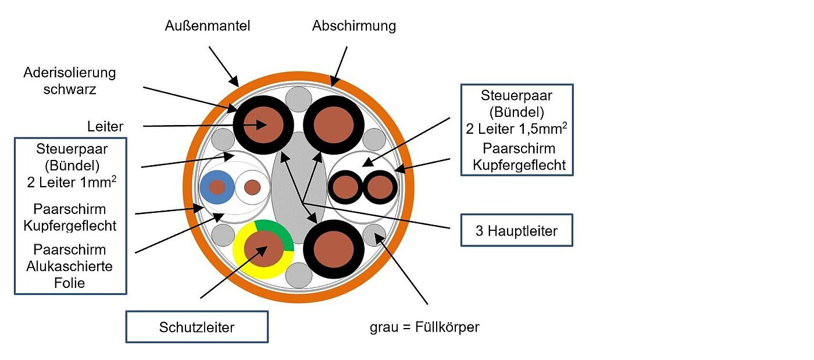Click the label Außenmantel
pyautogui.click(x=208, y=26)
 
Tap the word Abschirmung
pyautogui.click(x=354, y=26)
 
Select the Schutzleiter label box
pyautogui.click(x=197, y=327)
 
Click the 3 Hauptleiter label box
pyautogui.click(x=516, y=230)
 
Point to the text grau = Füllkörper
pyautogui.click(x=424, y=327)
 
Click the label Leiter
pyautogui.click(x=105, y=127)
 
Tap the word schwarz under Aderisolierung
pyautogui.click(x=69, y=89)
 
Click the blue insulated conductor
pyautogui.click(x=217, y=187)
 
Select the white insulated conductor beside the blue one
pyautogui.click(x=252, y=187)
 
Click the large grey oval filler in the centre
pyautogui.click(x=299, y=187)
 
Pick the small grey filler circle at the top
pyautogui.click(x=298, y=99)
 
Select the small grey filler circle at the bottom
pyautogui.click(x=299, y=275)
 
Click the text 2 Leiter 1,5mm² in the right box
pyautogui.click(x=516, y=129)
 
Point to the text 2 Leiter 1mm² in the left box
pyautogui.click(x=72, y=182)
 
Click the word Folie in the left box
pyautogui.click(x=69, y=283)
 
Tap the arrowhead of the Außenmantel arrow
pyautogui.click(x=235, y=81)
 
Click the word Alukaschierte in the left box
pyautogui.click(x=69, y=266)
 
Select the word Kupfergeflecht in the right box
pyautogui.click(x=519, y=165)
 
